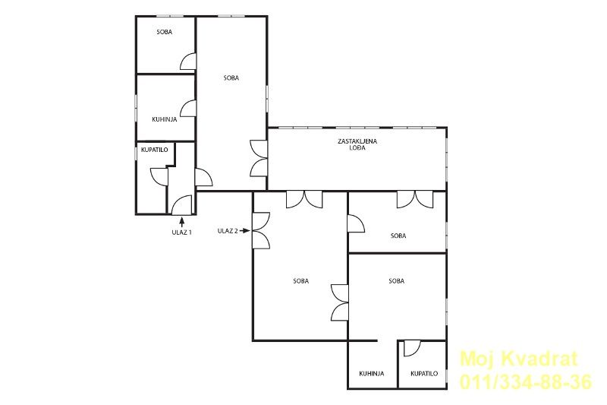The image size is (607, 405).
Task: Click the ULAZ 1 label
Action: click(181, 233)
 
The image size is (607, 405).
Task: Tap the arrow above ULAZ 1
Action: click(181, 222)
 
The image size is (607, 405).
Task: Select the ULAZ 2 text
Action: click(228, 231)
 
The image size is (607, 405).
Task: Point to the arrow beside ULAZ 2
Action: click(244, 230)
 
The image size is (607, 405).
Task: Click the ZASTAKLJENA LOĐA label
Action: click(357, 144)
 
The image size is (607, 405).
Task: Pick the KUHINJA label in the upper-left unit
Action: click(165, 119)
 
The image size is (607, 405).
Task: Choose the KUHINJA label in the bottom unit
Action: click(372, 374)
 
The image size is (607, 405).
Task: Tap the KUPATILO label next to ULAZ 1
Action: click(155, 150)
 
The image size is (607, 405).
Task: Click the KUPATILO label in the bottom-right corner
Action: click(424, 374)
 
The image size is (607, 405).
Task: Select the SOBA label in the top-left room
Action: click(165, 32)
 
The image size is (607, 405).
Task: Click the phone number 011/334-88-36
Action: click(526, 381)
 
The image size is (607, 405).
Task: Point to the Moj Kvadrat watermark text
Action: click(519, 359)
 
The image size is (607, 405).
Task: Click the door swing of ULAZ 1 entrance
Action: click(181, 205)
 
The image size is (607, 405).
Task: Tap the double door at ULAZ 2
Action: click(261, 230)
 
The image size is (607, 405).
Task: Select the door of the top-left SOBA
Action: click(188, 62)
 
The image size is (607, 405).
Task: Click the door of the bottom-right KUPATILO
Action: click(412, 349)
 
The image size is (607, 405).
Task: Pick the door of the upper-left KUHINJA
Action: click(188, 108)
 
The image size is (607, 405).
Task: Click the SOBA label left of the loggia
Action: click(231, 78)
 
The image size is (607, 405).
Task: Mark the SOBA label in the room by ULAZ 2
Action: click(300, 281)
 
